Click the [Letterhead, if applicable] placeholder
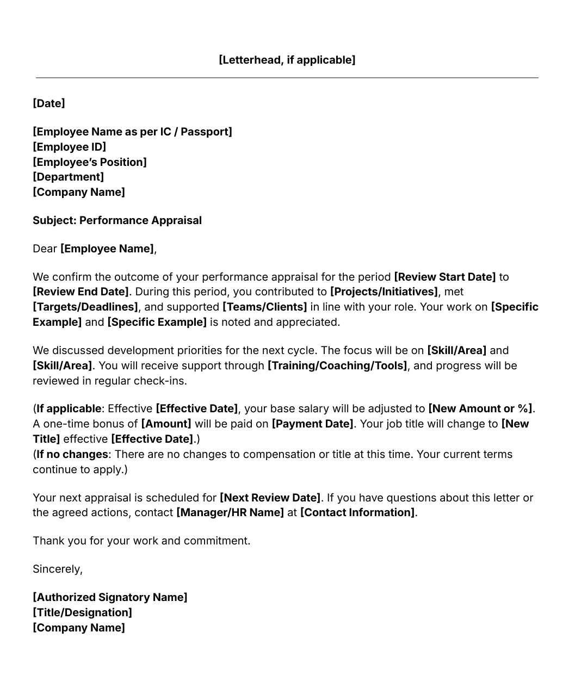[x=287, y=60]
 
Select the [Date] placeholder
[x=49, y=103]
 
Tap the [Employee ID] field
[x=69, y=147]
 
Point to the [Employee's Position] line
[x=90, y=162]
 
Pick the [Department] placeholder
[x=68, y=177]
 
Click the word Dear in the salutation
[x=45, y=249]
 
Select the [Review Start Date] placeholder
[x=444, y=277]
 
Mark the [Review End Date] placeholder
[x=81, y=292]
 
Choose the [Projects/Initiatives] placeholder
[x=384, y=292]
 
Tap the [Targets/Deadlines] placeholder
[x=85, y=307]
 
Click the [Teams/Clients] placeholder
[x=264, y=307]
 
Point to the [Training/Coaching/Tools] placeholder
[x=337, y=365]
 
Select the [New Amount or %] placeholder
[x=480, y=408]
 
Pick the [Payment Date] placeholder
[x=312, y=424]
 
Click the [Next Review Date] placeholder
[x=270, y=498]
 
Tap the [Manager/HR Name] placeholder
[x=230, y=512]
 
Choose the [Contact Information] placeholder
[x=357, y=512]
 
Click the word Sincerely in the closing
[x=57, y=569]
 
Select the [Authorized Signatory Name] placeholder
[x=110, y=597]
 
